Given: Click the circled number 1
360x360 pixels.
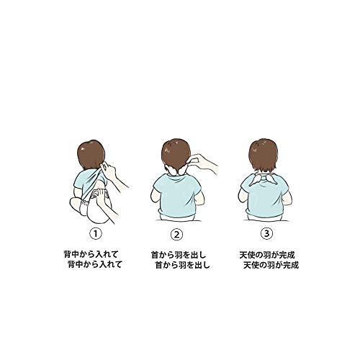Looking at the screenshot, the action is coord(96,233).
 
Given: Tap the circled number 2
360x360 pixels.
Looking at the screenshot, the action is coord(176,235).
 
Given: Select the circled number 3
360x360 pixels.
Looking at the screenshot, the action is coord(266,233).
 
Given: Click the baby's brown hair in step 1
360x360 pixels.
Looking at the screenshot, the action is coord(91,155).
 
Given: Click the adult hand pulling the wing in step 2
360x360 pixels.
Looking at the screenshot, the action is coord(204,163).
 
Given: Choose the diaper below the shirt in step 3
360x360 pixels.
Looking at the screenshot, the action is coord(264,217).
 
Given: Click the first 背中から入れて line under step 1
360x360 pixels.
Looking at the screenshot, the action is coord(91,254).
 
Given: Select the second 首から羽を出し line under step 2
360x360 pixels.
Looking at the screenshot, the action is coord(183,265).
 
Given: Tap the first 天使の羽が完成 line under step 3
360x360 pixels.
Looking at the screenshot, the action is coord(267,254).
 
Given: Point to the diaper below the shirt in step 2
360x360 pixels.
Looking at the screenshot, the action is coord(177,217).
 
